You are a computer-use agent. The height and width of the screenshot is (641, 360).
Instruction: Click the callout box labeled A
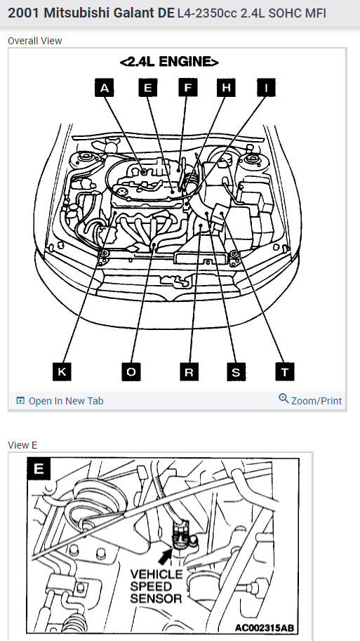tap(105, 88)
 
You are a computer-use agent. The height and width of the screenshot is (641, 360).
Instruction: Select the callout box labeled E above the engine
tap(148, 88)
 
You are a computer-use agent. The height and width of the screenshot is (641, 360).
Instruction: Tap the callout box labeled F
tap(188, 88)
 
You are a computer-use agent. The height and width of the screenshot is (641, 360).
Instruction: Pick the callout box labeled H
tap(226, 88)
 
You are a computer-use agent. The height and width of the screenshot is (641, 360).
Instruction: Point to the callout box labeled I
tap(266, 88)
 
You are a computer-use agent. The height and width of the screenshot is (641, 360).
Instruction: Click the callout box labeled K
tap(62, 371)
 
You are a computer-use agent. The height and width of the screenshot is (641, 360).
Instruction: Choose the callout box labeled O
tap(131, 371)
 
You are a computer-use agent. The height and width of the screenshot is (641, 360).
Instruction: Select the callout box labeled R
tap(189, 371)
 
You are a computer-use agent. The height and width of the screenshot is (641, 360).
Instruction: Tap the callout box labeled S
tap(236, 371)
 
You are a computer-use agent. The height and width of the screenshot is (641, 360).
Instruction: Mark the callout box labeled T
tap(285, 371)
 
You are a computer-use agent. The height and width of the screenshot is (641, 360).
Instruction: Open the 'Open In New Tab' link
tap(60, 401)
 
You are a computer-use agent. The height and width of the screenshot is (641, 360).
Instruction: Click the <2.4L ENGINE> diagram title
tap(169, 62)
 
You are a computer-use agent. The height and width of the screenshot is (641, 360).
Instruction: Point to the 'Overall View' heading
tap(34, 41)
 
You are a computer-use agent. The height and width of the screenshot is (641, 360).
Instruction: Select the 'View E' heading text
tap(22, 445)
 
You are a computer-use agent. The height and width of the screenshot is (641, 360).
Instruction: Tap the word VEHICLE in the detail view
tap(156, 574)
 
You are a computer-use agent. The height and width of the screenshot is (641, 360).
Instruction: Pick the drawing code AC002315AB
tap(265, 628)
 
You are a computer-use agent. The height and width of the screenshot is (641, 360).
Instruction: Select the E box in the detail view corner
tap(39, 468)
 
